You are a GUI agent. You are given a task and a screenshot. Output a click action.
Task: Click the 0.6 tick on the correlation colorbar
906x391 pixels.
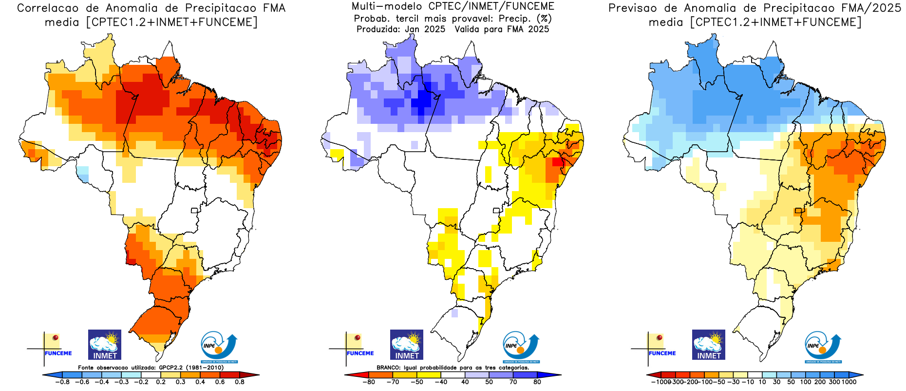click(220, 382)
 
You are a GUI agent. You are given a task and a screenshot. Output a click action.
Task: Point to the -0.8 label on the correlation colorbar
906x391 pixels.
click(62, 382)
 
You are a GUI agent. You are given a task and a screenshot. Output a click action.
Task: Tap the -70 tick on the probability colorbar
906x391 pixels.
click(393, 382)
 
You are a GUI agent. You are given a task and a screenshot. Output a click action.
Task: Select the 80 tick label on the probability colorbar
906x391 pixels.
click(537, 382)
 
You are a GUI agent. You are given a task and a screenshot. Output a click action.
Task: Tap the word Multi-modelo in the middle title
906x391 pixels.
click(387, 6)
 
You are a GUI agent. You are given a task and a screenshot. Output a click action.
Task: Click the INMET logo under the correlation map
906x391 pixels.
click(105, 345)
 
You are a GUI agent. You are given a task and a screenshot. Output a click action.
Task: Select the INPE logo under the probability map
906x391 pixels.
click(521, 347)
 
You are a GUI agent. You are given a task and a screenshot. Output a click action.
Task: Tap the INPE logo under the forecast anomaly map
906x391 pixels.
click(823, 347)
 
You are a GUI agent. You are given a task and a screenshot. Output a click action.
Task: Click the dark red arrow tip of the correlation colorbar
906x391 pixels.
click(254, 375)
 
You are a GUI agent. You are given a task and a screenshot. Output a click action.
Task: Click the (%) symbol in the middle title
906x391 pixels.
click(544, 19)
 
